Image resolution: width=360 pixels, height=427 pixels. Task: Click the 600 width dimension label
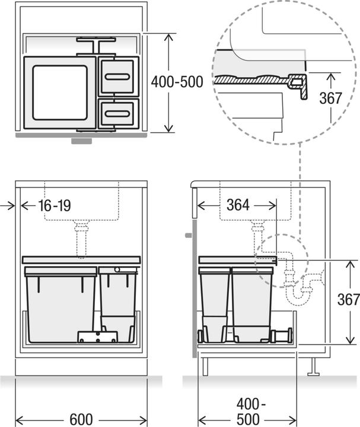[x=81, y=419]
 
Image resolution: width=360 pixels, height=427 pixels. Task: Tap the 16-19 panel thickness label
[x=55, y=206]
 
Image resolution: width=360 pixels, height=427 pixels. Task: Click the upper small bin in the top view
[x=119, y=77]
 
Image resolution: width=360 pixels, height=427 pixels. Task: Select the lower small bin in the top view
[x=119, y=112]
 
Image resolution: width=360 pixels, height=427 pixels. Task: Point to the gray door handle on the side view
[x=189, y=235]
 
